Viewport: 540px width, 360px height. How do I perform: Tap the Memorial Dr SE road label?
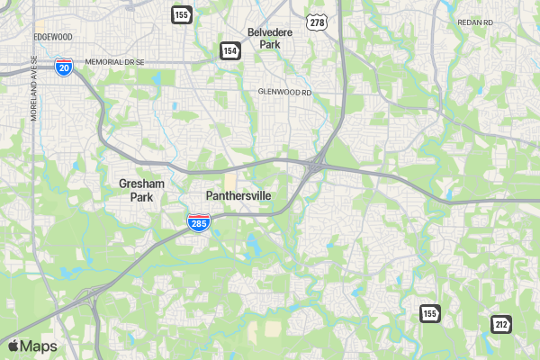pos(114,62)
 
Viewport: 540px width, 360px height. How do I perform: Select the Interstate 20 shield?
pos(63,67)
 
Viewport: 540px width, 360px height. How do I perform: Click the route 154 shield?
pos(229,52)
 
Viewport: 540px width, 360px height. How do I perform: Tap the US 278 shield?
pos(315,22)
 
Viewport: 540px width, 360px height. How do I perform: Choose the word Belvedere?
pos(271,31)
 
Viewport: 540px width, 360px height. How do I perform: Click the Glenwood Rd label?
pos(283,92)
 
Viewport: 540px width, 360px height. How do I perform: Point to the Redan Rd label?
pos(475,22)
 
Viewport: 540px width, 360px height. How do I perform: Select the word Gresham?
pos(141,184)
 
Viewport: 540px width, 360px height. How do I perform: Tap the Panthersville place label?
pos(238,195)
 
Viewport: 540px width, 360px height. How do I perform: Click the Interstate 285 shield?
pos(199,223)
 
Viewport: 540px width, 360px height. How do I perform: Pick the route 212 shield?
pos(501,323)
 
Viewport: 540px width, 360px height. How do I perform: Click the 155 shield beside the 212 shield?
pos(429,313)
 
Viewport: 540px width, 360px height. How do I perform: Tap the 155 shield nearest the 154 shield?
pos(182,14)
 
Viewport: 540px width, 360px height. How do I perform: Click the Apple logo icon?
pos(13,346)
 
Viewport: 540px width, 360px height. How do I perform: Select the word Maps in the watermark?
pos(39,346)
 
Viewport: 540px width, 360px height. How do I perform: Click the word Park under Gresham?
pos(141,197)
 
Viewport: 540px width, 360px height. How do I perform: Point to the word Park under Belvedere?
pos(271,43)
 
